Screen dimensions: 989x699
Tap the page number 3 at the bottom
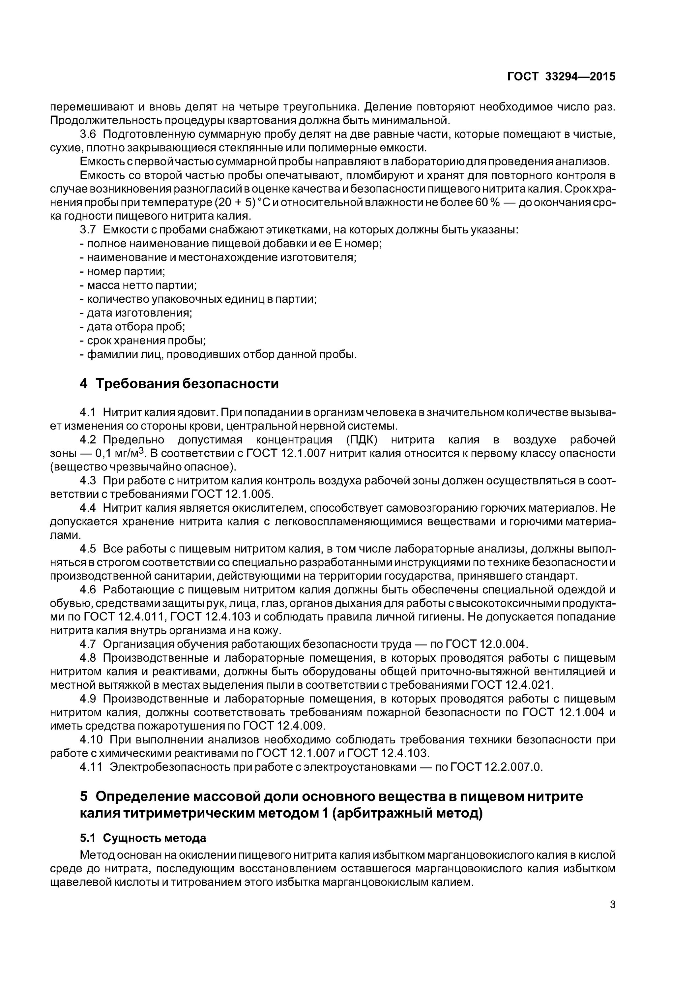[612, 905]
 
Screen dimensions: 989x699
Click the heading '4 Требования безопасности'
[179, 383]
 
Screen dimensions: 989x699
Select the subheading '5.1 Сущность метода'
[143, 847]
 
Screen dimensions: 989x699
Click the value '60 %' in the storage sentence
[487, 202]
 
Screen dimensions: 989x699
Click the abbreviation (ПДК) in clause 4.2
[361, 440]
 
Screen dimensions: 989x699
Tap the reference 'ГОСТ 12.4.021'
[511, 685]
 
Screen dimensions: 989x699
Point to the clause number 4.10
[91, 739]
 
